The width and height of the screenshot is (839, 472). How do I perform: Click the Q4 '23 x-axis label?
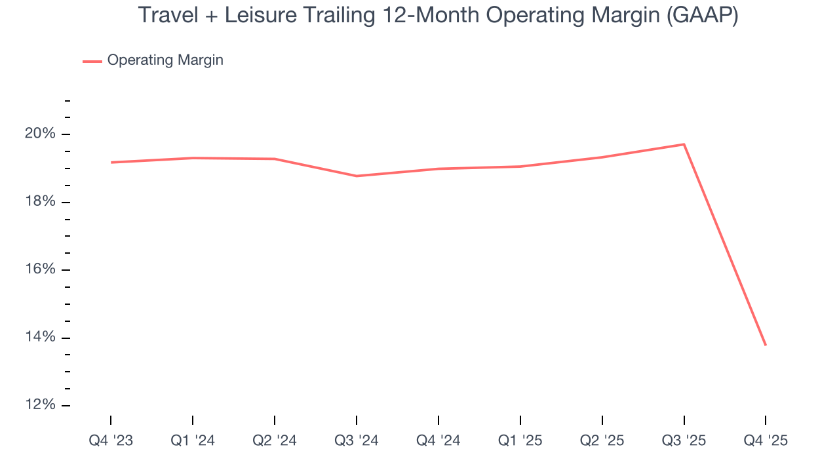pyautogui.click(x=111, y=441)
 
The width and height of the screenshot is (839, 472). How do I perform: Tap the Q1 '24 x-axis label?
pyautogui.click(x=193, y=441)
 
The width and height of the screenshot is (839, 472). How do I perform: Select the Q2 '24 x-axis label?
pyautogui.click(x=275, y=441)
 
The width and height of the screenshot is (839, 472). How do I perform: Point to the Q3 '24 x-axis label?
pyautogui.click(x=357, y=441)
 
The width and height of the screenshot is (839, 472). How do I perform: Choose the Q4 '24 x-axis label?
pyautogui.click(x=439, y=441)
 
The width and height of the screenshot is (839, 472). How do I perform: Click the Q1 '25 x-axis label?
pyautogui.click(x=520, y=441)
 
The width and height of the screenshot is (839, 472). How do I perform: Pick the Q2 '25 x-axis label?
pyautogui.click(x=602, y=441)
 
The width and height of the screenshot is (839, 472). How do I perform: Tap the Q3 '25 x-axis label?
pyautogui.click(x=684, y=441)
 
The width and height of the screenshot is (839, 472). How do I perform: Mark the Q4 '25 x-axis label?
pyautogui.click(x=766, y=441)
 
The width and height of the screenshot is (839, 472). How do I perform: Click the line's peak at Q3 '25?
pyautogui.click(x=684, y=144)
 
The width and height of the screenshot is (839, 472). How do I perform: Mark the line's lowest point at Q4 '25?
pyautogui.click(x=766, y=345)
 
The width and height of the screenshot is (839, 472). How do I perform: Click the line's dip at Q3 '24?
pyautogui.click(x=357, y=176)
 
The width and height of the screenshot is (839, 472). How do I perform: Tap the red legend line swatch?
pyautogui.click(x=92, y=61)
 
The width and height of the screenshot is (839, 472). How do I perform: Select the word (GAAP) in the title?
pyautogui.click(x=701, y=15)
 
